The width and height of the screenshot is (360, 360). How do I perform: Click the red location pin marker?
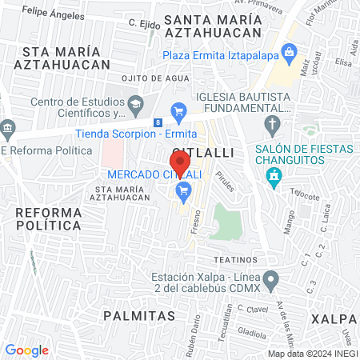[181, 162]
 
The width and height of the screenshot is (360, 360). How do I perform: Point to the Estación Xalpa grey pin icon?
[272, 282]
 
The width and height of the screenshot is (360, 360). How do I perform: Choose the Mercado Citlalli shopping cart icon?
[183, 190]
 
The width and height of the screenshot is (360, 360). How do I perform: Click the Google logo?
[26, 350]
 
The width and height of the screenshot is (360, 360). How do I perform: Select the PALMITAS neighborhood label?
[138, 315]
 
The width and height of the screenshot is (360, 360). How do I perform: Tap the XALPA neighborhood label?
[335, 318]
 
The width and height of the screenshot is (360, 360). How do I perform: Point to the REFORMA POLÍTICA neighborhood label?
[49, 218]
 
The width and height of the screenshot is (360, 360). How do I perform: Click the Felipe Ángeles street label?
[54, 13]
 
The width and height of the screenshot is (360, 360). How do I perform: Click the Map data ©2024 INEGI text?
[311, 353]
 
